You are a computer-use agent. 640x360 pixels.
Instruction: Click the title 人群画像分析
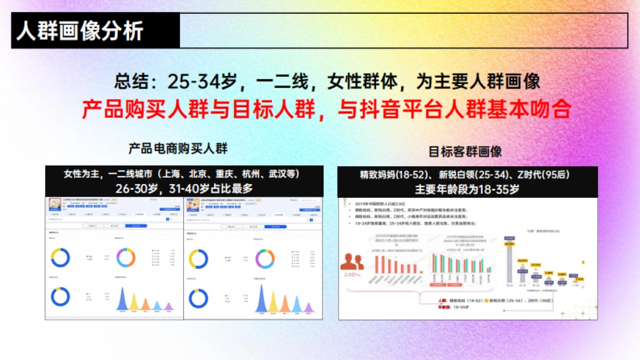[x=80, y=31]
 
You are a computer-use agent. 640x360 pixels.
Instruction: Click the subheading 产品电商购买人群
[x=178, y=148]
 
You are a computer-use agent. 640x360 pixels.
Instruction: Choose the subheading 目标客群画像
[x=466, y=151]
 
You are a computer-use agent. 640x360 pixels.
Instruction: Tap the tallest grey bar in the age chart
[x=509, y=262]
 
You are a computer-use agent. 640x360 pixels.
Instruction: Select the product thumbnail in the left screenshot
[x=55, y=204]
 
